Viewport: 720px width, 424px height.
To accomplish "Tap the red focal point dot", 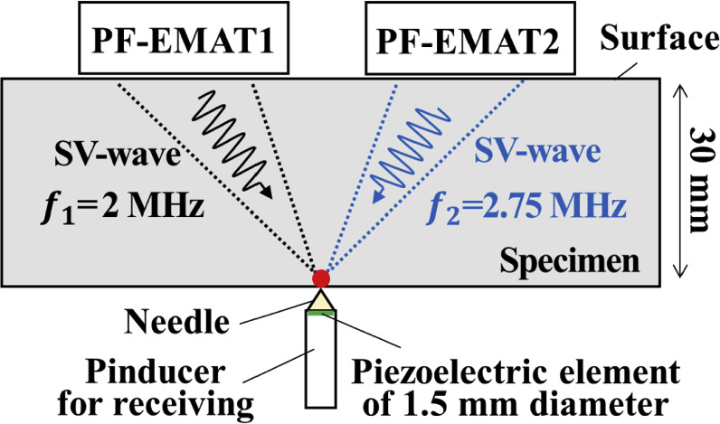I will tap(321, 277).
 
